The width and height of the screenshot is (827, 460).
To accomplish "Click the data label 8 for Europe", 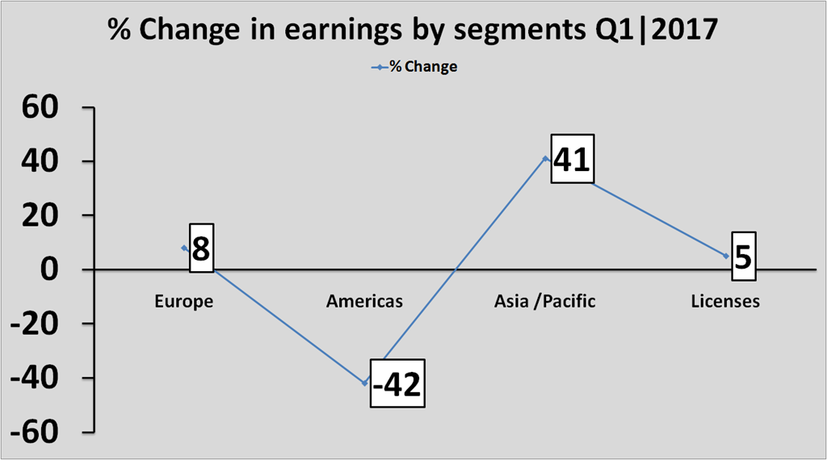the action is pyautogui.click(x=201, y=248).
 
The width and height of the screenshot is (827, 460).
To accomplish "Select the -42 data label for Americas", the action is pyautogui.click(x=397, y=383).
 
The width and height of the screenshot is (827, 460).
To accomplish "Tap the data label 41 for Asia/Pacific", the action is pyautogui.click(x=573, y=159).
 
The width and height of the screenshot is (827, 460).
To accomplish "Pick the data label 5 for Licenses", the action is pyautogui.click(x=743, y=257).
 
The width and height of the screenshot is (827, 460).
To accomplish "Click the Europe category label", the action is pyautogui.click(x=183, y=301).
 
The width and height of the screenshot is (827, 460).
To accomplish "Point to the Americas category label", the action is pyautogui.click(x=364, y=301).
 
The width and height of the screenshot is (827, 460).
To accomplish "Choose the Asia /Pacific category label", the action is pyautogui.click(x=545, y=301).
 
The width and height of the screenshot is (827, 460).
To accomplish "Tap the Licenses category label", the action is pyautogui.click(x=725, y=301).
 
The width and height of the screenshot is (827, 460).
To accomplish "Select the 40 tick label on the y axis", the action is pyautogui.click(x=40, y=161).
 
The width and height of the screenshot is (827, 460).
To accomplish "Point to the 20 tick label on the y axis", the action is pyautogui.click(x=40, y=215).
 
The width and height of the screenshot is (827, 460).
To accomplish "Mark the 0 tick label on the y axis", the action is pyautogui.click(x=49, y=270).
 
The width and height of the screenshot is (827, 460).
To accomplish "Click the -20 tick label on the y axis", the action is pyautogui.click(x=35, y=324).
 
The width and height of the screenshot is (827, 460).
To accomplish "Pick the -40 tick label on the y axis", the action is pyautogui.click(x=35, y=378).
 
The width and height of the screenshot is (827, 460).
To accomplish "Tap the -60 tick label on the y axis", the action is pyautogui.click(x=35, y=433).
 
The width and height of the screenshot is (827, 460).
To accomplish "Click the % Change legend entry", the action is pyautogui.click(x=414, y=67).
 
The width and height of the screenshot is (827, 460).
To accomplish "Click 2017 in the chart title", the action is pyautogui.click(x=684, y=28).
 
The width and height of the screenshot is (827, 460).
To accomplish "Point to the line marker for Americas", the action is pyautogui.click(x=364, y=383).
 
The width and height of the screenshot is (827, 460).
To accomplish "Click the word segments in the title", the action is pyautogui.click(x=518, y=31).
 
